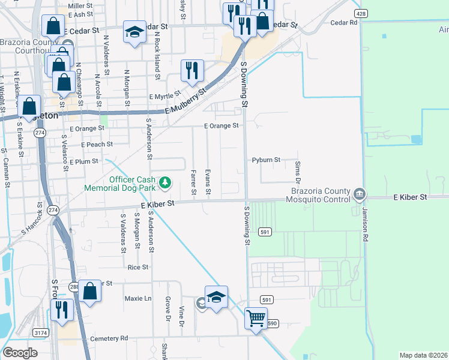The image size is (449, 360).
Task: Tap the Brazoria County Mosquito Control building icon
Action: tap(359, 193)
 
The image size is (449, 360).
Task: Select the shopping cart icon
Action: tap(256, 317)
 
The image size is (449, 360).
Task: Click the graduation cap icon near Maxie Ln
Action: tap(216, 296)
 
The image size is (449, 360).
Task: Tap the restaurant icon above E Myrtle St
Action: tap(192, 70)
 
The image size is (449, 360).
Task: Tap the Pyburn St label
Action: tap(267, 160)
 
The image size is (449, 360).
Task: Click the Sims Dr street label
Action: tap(297, 172)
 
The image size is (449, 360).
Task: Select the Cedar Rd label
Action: tap(344, 22)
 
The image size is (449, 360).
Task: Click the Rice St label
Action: tap(137, 267)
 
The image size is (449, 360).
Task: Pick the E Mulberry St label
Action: tap(186, 101)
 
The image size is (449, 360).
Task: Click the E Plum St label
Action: tap(83, 162)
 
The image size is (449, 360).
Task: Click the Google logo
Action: tap(20, 353)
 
